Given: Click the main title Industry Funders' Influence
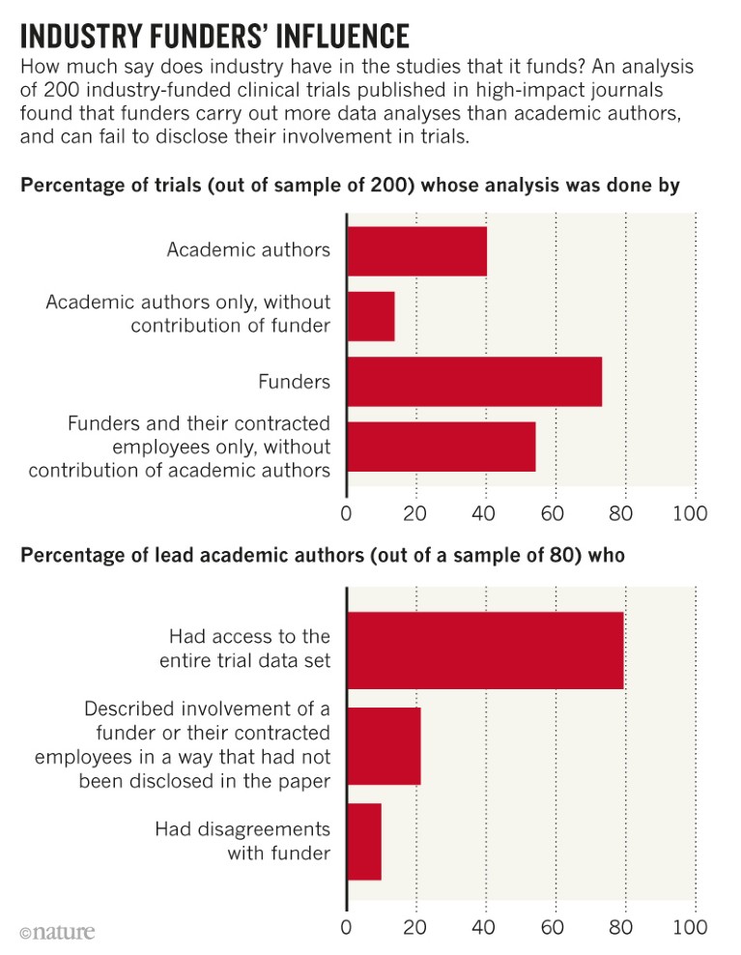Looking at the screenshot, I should point(214,36).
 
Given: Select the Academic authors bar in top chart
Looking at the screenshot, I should point(416,250).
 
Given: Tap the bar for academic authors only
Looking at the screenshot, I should point(371,315).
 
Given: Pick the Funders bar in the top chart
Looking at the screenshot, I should point(474,381).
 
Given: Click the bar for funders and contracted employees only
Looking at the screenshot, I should point(441,447).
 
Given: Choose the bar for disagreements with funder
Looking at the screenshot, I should point(364,841).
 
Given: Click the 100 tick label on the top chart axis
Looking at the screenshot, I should point(690,513).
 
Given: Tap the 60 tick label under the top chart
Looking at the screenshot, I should point(552,513).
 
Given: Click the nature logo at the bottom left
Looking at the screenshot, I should point(57,932).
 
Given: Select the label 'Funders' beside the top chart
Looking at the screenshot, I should point(294,382).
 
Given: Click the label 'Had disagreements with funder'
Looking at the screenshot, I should point(242,841).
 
